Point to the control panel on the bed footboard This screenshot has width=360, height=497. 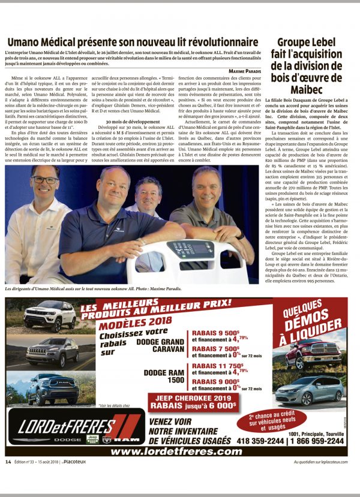193,248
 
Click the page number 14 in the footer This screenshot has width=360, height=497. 8,462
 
